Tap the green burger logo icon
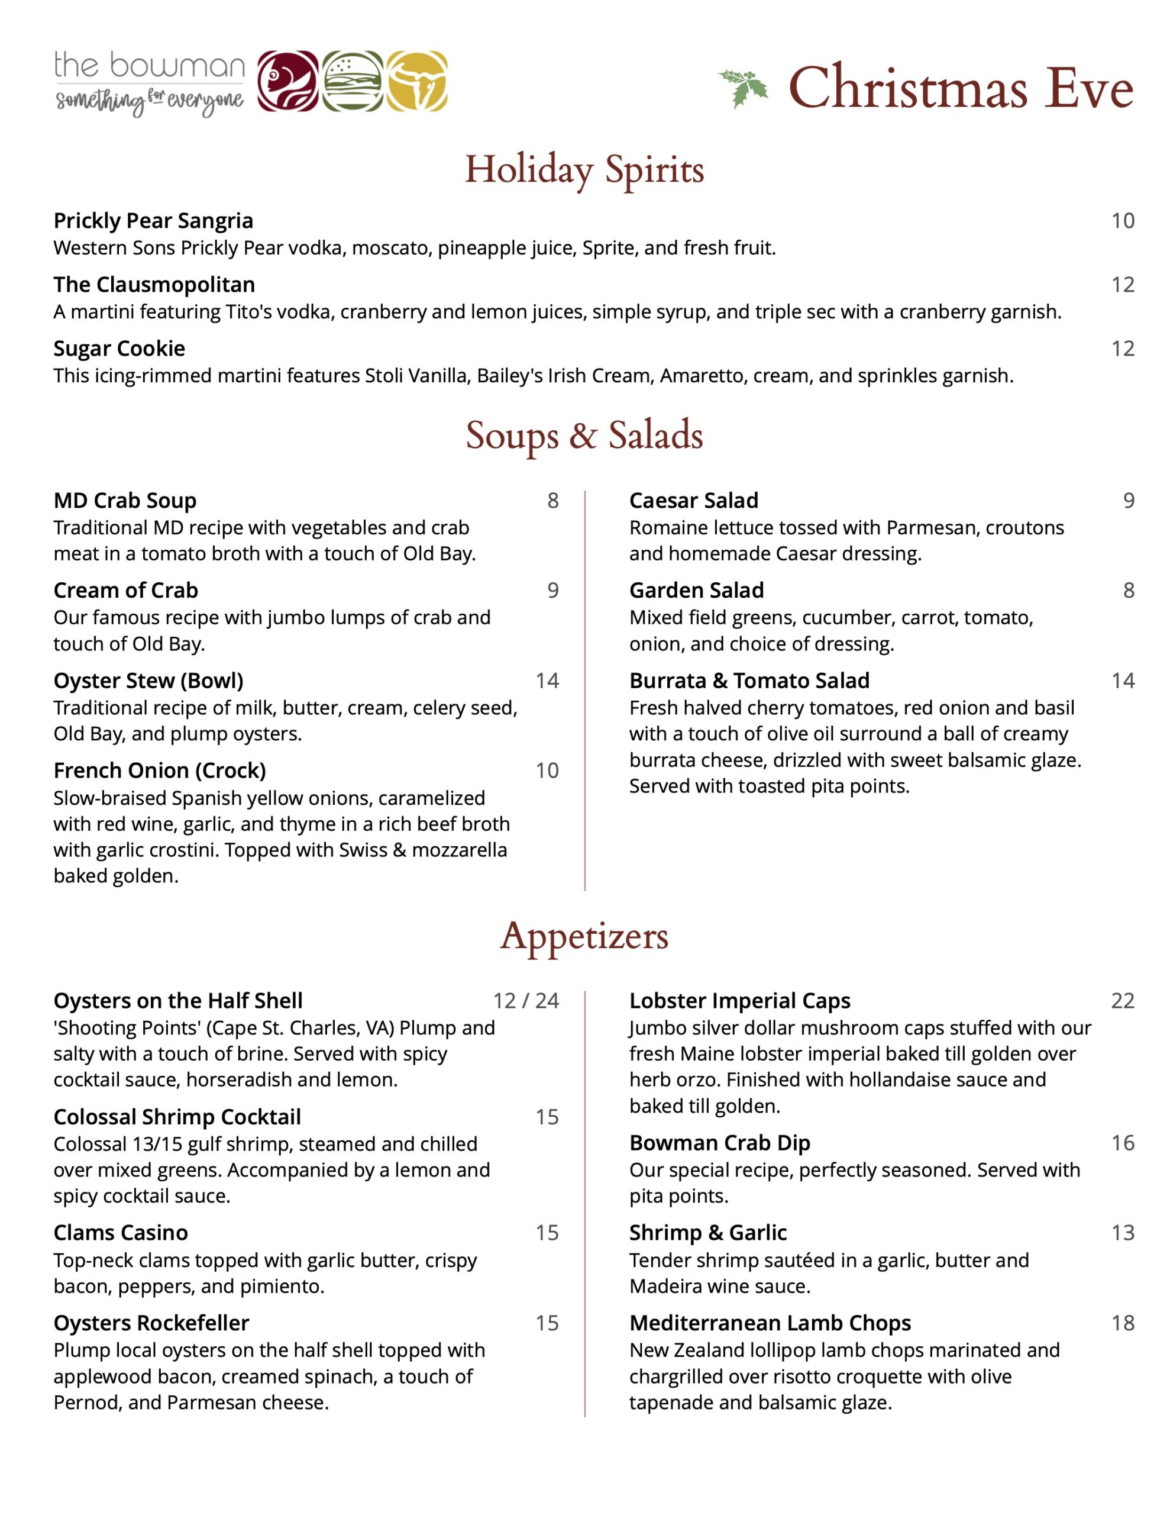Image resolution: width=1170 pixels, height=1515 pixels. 353,81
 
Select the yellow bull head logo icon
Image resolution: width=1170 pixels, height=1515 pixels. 417,81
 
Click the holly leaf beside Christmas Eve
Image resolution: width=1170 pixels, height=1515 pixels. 743,88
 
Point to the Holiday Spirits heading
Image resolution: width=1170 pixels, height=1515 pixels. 584,169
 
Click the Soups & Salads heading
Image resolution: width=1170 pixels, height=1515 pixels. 584,436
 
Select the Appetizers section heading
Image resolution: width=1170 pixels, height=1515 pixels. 584,936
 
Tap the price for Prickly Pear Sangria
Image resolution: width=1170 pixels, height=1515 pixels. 1122,221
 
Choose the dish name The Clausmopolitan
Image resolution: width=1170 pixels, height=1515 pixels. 154,285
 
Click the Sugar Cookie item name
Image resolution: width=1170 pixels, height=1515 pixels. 119,348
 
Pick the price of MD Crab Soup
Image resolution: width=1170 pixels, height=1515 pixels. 552,500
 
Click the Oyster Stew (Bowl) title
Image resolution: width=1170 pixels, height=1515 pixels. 148,681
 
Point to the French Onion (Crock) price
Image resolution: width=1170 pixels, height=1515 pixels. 547,770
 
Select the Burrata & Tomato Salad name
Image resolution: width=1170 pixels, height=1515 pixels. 749,681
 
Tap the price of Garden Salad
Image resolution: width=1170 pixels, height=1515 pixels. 1129,591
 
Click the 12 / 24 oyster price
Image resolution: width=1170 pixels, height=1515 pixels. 526,1000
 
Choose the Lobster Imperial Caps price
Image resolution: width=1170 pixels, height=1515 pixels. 1122,1000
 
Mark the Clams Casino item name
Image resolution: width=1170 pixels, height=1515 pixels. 121,1233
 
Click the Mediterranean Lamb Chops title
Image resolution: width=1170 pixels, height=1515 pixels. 770,1323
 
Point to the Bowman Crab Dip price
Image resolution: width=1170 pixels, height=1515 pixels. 1122,1143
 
